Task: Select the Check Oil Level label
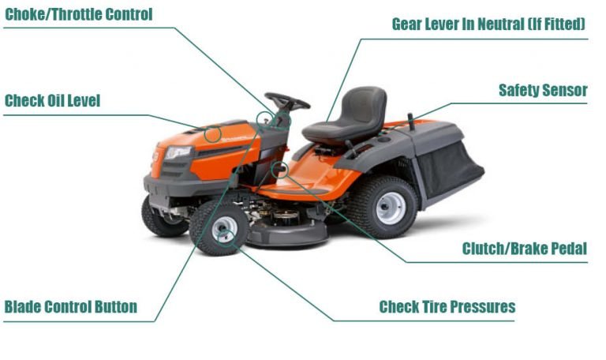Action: tap(53, 101)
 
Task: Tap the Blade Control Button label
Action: tap(71, 307)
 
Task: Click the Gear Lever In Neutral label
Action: tap(488, 24)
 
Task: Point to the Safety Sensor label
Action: tap(543, 90)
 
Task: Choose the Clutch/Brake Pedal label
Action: tap(525, 249)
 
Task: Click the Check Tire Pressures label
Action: tap(447, 307)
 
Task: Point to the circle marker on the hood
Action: tap(212, 133)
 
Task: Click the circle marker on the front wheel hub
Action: tap(223, 230)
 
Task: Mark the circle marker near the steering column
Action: tap(265, 119)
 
